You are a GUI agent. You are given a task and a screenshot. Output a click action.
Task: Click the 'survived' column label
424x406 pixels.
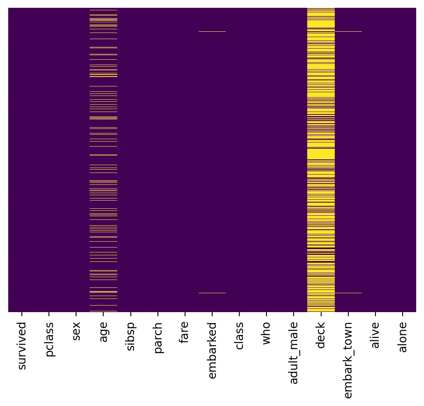point(22,346)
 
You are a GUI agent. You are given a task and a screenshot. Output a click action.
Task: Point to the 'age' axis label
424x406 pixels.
point(104,332)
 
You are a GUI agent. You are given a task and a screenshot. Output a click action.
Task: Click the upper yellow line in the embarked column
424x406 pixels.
point(212,31)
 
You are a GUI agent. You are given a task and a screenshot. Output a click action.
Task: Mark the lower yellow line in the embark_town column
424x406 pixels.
point(348,293)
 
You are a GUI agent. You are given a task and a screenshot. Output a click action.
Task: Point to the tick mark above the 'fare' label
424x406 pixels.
point(185,315)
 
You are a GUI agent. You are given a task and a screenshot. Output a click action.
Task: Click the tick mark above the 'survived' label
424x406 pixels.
point(22,315)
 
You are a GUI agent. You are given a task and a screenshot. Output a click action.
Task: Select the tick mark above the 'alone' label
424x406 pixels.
point(403,315)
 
